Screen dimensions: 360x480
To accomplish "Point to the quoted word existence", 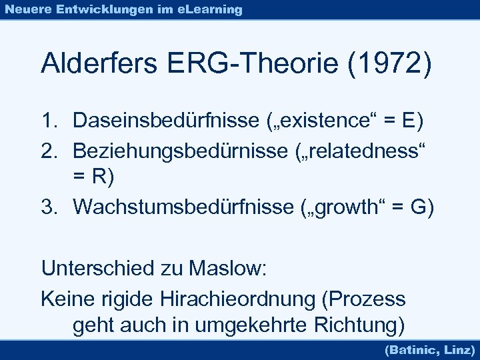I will pyautogui.click(x=346, y=121).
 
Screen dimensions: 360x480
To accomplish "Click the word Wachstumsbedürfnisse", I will pyautogui.click(x=180, y=207).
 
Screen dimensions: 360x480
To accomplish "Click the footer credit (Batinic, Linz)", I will pyautogui.click(x=430, y=349).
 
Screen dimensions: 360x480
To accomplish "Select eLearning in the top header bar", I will pyautogui.click(x=211, y=9).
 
